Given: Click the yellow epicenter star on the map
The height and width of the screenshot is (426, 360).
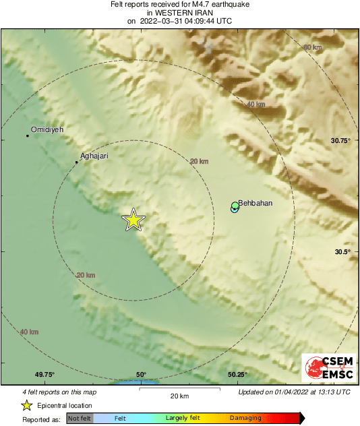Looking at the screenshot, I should pos(133,220).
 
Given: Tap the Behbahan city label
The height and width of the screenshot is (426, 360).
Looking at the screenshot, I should pos(256,202).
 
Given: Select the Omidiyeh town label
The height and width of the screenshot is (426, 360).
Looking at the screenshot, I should pos(47,129).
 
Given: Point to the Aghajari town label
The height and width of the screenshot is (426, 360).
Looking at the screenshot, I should pos(94,156).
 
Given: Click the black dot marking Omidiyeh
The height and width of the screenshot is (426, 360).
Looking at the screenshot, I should pos(28,135).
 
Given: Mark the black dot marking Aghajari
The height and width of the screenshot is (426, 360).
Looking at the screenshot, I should pos(76,162).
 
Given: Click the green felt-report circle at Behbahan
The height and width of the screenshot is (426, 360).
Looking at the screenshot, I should pos(235,206).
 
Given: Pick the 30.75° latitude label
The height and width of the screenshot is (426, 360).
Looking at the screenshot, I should pos(342,140).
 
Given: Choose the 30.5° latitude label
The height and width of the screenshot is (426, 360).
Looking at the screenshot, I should pos(342,252).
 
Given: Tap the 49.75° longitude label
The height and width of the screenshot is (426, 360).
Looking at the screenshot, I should pos(44,375).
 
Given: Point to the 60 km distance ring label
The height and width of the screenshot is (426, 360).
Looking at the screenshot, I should pos(312,47).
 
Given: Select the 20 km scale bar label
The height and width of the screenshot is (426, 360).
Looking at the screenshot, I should pos(179,396).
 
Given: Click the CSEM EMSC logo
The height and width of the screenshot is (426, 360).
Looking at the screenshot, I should pos(326,368).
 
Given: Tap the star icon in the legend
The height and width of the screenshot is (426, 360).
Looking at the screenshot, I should pos(26,405).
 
